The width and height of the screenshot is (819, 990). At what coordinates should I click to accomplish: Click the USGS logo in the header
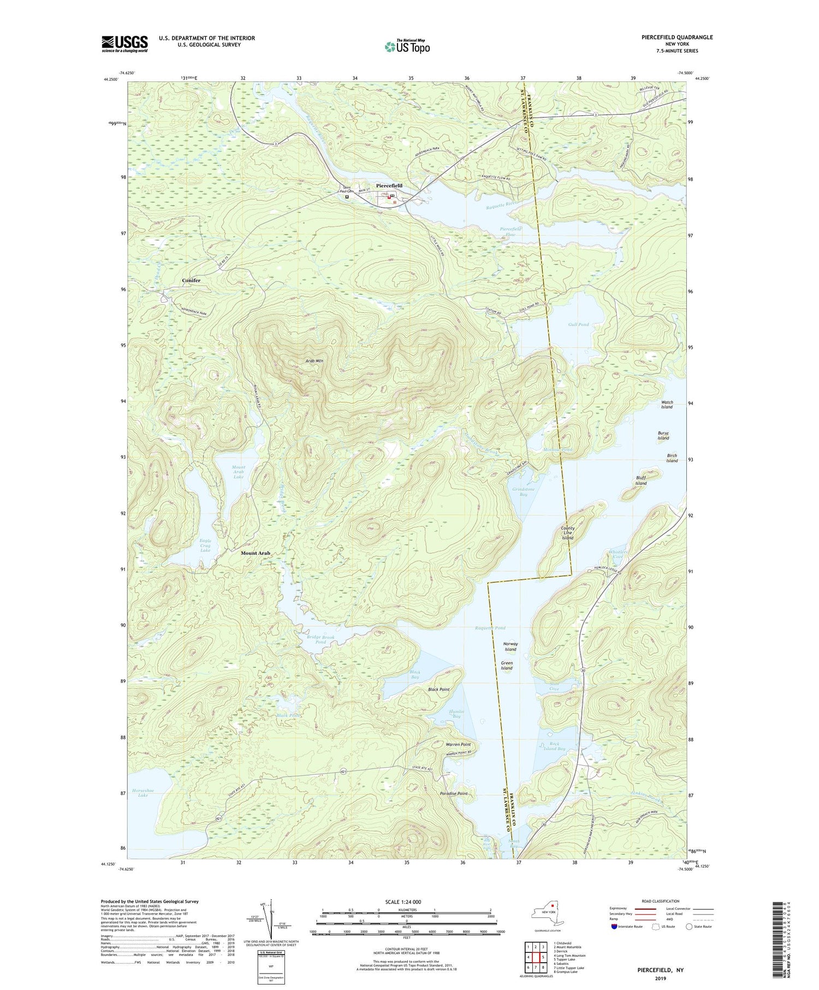tap(124, 44)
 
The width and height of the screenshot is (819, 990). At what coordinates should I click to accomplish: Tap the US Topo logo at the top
tap(407, 46)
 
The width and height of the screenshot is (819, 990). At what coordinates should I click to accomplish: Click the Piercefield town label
tap(389, 186)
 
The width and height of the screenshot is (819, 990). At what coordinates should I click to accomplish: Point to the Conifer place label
tap(191, 280)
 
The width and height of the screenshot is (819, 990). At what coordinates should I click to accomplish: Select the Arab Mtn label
tap(314, 360)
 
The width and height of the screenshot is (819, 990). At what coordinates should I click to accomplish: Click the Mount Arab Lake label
tap(238, 472)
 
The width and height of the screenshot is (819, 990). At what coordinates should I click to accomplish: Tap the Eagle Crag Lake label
tap(205, 546)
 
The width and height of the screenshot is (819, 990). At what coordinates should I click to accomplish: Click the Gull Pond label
tap(578, 324)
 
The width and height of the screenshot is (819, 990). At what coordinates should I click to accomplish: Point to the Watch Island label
tap(667, 404)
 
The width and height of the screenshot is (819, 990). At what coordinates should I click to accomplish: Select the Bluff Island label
tap(640, 481)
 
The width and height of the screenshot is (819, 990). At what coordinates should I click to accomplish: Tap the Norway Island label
tap(511, 647)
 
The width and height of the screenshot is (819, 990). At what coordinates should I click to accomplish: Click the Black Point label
tap(438, 689)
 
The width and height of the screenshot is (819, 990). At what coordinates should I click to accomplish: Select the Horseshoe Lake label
tap(143, 792)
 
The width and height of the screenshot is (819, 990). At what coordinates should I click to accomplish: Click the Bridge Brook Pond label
tap(321, 639)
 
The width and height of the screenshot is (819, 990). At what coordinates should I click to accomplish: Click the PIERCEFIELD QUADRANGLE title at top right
tap(669, 37)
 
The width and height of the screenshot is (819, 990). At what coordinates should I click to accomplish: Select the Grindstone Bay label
tap(523, 491)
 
